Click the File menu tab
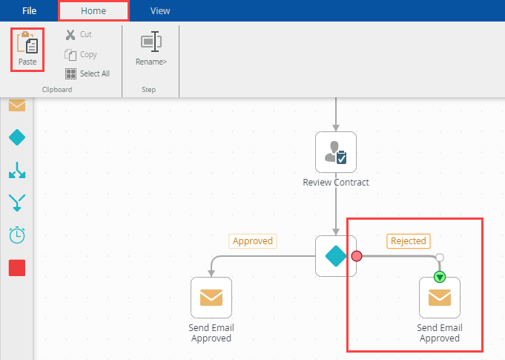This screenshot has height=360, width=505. pos(29,11)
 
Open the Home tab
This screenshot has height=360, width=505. pos(93,11)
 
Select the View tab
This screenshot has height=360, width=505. pos(160,11)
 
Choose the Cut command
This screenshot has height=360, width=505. pos(79,34)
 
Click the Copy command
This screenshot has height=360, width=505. pos(81,54)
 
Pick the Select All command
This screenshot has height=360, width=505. pos(88,73)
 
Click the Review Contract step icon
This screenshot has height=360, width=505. pos(336,152)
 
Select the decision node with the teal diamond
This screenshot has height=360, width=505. pos(336,256)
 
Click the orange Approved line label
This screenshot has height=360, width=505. pos(253,240)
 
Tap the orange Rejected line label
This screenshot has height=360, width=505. pos(409,240)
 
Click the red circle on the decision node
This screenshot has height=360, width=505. pos(357,256)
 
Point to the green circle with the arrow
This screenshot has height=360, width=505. pos(440,277)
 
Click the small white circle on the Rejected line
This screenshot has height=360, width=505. pos(440,258)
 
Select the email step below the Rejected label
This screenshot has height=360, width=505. pos(440,298)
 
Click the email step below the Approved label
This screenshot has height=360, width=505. pos(211,298)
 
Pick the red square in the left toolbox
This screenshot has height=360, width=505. pos(16,268)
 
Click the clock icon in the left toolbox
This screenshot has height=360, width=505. pos(16,235)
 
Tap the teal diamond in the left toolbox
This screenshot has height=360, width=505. pos(16,137)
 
